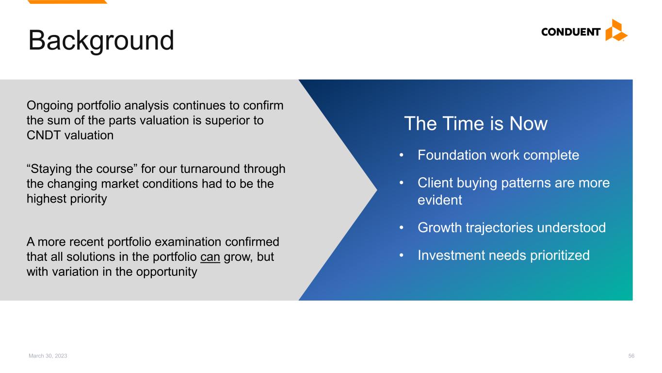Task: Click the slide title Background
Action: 101,41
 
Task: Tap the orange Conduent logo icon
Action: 616,30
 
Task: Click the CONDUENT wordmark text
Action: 570,32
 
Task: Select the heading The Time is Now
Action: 475,123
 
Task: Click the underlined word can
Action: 210,257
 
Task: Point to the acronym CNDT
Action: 44,136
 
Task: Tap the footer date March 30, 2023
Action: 48,356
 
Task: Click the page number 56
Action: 631,356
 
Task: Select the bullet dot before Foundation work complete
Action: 401,155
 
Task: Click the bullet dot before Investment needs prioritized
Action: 401,255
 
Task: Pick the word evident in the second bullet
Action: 440,200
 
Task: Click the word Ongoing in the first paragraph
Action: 49,106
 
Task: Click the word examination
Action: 188,242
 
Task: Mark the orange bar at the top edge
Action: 67,2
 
